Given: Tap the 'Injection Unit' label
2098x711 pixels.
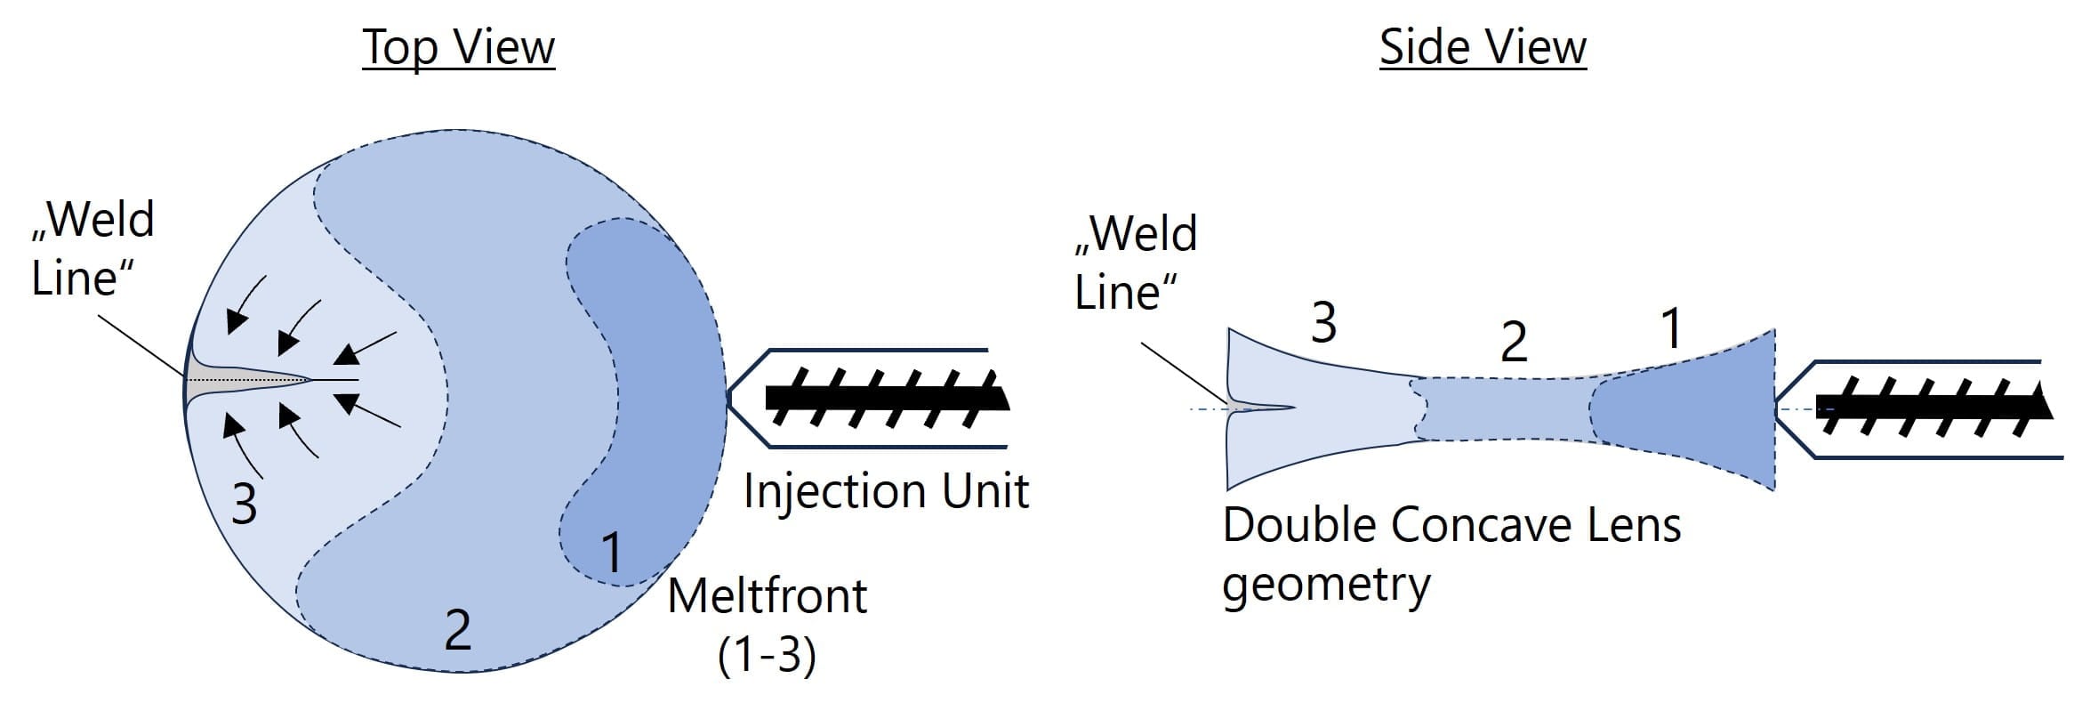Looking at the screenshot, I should pyautogui.click(x=886, y=490).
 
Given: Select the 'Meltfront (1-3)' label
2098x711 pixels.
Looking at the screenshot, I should pyautogui.click(x=767, y=624).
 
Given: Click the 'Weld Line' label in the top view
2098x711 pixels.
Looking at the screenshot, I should pyautogui.click(x=92, y=248).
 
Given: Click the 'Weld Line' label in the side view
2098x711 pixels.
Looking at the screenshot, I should pyautogui.click(x=1136, y=263).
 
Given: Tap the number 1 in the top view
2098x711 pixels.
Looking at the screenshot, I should pyautogui.click(x=612, y=552).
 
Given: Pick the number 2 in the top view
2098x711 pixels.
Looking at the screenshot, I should pyautogui.click(x=457, y=630).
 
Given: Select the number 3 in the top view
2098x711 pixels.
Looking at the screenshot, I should pyautogui.click(x=245, y=504).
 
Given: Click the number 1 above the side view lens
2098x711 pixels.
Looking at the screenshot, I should pyautogui.click(x=1672, y=328).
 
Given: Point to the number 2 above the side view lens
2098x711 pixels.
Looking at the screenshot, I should pyautogui.click(x=1514, y=342).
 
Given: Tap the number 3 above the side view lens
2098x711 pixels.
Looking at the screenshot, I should pyautogui.click(x=1323, y=322).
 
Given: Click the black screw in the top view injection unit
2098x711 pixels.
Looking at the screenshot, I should pyautogui.click(x=885, y=396).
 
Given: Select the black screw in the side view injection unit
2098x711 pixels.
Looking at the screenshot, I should pyautogui.click(x=1930, y=407).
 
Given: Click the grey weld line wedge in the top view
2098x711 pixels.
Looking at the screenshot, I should pyautogui.click(x=222, y=381).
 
